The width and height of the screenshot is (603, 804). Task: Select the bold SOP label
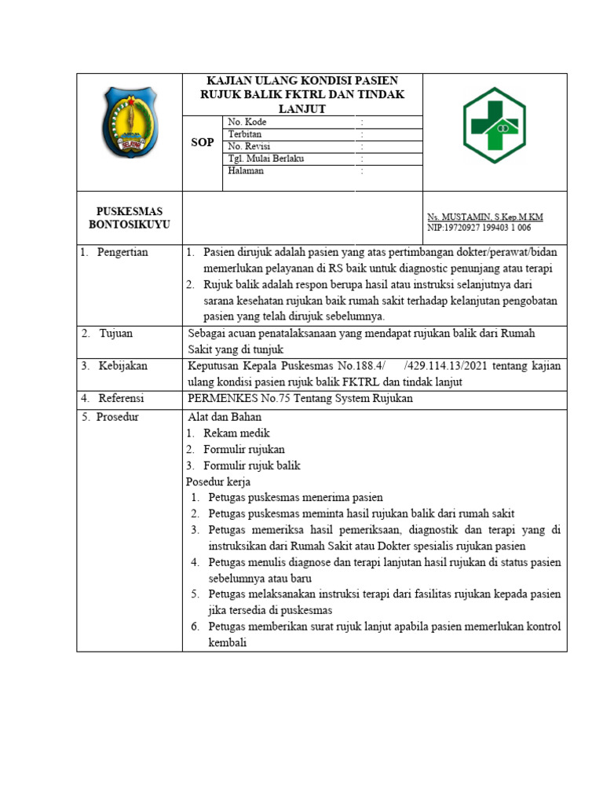(203, 143)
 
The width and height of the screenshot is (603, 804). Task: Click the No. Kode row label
(247, 122)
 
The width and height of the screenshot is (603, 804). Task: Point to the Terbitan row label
(244, 134)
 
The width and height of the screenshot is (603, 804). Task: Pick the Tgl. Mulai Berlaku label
(265, 159)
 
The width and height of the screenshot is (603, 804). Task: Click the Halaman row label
(246, 170)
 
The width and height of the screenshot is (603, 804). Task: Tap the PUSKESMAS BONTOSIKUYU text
(130, 218)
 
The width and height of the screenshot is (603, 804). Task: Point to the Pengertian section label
(122, 253)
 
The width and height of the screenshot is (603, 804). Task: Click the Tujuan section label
(116, 334)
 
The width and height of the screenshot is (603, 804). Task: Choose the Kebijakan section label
(122, 366)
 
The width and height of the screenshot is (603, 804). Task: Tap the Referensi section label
(121, 398)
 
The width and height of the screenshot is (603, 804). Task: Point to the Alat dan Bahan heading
(225, 417)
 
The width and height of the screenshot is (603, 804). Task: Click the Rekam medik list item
(236, 433)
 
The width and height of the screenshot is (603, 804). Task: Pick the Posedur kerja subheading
(219, 481)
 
